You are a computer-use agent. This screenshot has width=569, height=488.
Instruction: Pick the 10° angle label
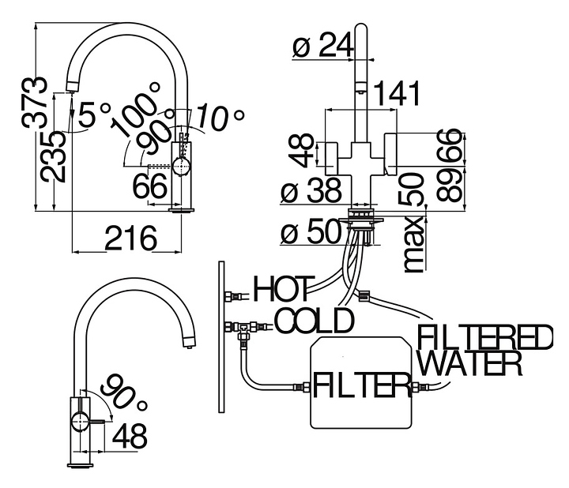(x=220, y=117)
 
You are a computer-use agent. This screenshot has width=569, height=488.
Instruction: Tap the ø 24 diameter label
(x=322, y=47)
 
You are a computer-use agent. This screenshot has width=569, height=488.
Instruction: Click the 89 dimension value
(x=450, y=187)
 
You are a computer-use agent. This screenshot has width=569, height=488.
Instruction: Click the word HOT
(x=283, y=288)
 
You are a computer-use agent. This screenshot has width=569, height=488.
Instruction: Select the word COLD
(x=314, y=321)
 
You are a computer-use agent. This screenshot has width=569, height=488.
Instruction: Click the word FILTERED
(x=484, y=338)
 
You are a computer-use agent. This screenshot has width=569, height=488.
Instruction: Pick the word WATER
(x=469, y=364)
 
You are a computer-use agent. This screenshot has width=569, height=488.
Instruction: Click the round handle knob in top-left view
(x=183, y=166)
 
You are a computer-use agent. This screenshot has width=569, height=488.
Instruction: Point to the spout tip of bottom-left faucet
(x=188, y=341)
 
